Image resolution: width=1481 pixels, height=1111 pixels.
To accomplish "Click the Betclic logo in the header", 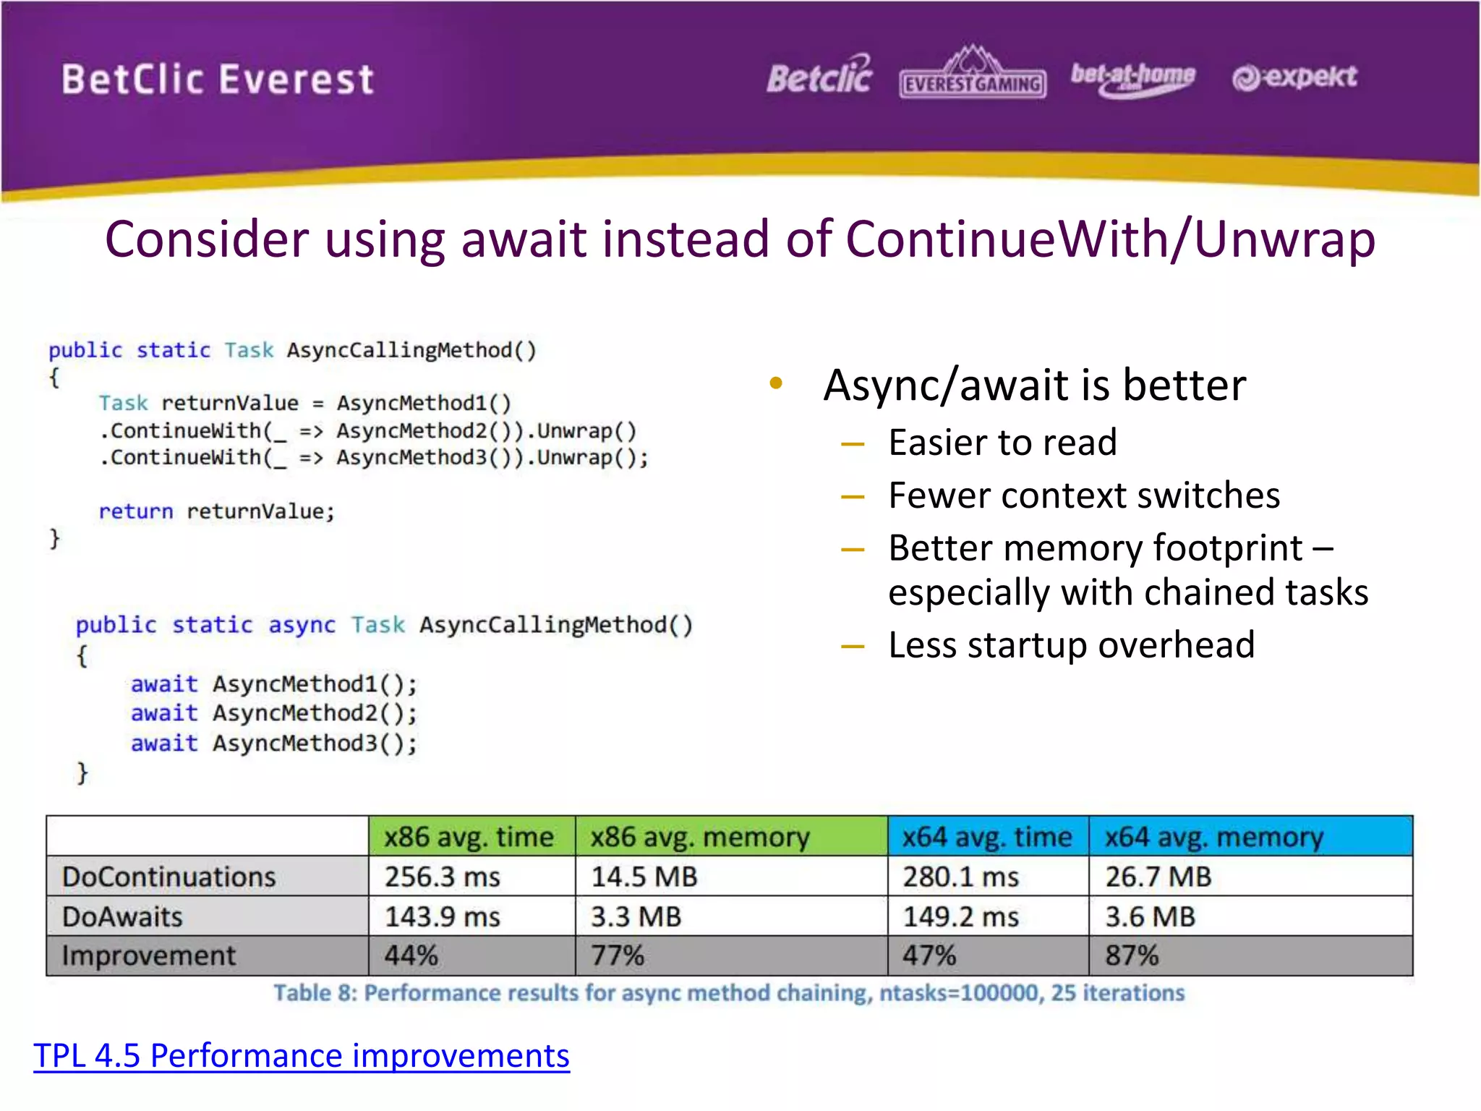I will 819,76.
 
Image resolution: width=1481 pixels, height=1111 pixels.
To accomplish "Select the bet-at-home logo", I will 1132,78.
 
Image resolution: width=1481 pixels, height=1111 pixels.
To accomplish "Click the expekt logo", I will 1294,77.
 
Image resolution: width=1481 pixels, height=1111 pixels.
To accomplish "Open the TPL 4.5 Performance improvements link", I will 302,1055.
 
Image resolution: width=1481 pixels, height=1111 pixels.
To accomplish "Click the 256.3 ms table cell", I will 443,877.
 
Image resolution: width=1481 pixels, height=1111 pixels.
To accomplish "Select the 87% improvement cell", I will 1132,955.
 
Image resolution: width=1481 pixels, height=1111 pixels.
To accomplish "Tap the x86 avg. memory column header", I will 699,837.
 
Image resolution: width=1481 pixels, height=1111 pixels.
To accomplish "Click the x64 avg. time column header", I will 987,837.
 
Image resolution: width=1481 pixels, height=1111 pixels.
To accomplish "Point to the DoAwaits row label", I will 123,916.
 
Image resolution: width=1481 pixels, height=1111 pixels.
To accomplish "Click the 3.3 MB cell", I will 636,916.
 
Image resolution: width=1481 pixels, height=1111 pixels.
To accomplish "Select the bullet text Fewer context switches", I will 1084,495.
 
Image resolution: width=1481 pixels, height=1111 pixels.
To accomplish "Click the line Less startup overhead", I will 1071,644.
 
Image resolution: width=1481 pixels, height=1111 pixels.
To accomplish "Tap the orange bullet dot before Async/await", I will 776,383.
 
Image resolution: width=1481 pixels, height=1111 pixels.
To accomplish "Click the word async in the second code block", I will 302,625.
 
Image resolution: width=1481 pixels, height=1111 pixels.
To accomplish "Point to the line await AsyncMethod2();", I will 274,713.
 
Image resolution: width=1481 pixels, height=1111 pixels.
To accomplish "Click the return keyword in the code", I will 136,511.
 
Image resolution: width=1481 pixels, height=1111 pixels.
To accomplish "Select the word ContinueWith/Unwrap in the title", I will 1110,239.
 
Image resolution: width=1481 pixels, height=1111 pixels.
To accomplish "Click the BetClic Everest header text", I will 218,80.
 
